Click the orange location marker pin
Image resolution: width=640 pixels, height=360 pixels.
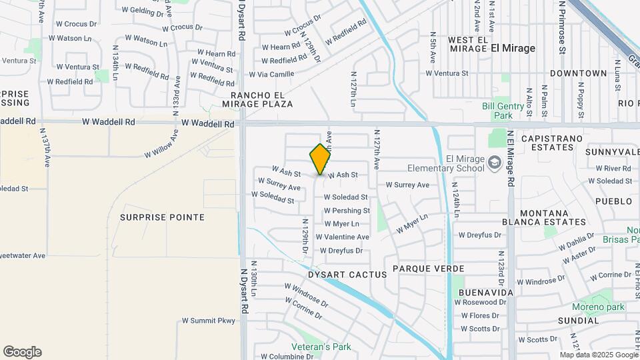point(320,159)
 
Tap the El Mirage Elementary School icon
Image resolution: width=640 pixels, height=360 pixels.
point(495,162)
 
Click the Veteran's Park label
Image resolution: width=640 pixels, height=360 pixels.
point(321,347)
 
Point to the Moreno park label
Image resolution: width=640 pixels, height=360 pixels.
point(598,307)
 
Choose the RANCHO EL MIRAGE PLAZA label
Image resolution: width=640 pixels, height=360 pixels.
point(257,99)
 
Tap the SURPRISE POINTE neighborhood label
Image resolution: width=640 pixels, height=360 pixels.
point(162,217)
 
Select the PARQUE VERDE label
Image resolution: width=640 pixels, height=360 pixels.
point(428,268)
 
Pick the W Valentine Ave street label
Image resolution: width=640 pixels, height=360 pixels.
point(342,237)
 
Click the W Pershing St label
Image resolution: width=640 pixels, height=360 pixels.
point(346,211)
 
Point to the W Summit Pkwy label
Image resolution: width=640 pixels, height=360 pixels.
point(209,321)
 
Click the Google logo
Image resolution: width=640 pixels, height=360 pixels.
point(22,352)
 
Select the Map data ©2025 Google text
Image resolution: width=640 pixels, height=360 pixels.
point(597,355)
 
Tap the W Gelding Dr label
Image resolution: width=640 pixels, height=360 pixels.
point(143,11)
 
